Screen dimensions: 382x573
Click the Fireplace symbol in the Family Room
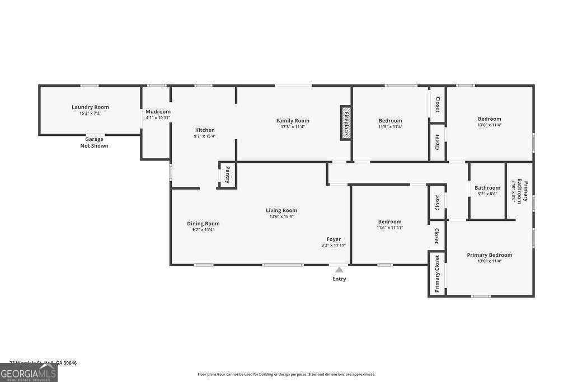[346, 122]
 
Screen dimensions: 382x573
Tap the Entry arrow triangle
[339, 270]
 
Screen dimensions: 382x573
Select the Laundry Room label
[90, 107]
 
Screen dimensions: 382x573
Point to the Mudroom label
[158, 112]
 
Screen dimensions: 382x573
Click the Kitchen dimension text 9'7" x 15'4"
[204, 136]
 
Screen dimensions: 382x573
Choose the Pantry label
[227, 175]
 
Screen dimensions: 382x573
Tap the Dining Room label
[203, 224]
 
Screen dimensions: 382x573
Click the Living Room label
[281, 210]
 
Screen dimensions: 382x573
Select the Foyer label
[334, 239]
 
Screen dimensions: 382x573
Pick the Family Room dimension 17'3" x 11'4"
[293, 126]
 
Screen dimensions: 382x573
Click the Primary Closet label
[437, 275]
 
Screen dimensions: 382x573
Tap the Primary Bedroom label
[489, 255]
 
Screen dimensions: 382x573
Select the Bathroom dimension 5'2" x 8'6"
[487, 194]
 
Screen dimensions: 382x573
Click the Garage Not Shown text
[94, 143]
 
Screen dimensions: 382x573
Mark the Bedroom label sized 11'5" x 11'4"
[390, 121]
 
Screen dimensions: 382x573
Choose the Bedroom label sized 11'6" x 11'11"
[389, 221]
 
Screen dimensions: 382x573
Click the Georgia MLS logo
[29, 372]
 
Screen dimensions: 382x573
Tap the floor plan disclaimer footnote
[286, 374]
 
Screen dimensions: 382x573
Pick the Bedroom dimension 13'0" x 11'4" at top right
[489, 125]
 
